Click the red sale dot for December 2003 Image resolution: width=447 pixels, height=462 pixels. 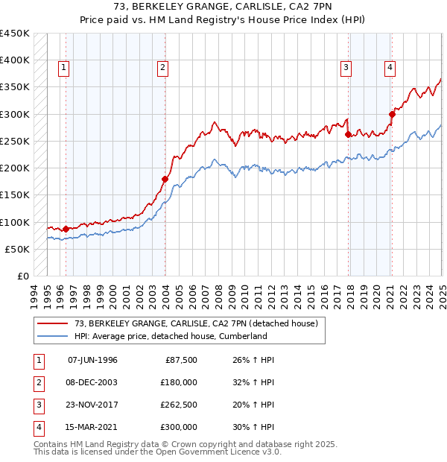coord(165,179)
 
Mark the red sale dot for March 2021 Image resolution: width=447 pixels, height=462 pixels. coord(392,114)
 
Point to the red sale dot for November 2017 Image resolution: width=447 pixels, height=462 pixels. coord(349,134)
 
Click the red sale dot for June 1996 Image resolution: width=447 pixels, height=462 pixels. coord(66,229)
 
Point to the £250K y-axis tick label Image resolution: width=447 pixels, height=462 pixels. coord(15,141)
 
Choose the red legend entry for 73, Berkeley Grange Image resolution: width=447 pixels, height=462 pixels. coord(196,323)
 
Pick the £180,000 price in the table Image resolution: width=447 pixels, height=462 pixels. coord(179,382)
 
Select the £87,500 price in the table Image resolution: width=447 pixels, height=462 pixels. coord(181,360)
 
